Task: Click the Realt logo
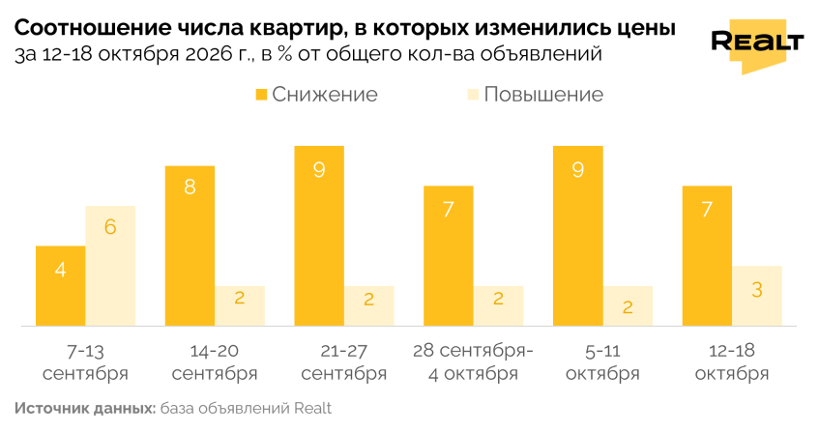point(757,45)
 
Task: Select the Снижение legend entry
point(316,95)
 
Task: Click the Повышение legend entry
point(536,95)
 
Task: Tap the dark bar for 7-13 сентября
point(61,286)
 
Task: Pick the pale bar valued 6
point(111,266)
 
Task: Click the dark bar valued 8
point(190,246)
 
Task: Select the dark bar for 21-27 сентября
point(319,236)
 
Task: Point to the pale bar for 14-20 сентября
point(240,306)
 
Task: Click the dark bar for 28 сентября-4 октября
point(449,256)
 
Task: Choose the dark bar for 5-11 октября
point(577,236)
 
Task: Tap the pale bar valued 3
point(757,296)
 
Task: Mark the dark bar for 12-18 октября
point(707,256)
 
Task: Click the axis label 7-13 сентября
point(86,362)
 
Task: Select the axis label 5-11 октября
point(602,362)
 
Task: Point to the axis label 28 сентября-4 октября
point(473,362)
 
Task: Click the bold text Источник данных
point(85,408)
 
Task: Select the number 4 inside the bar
point(61,270)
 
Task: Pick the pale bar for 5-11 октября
point(628,306)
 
